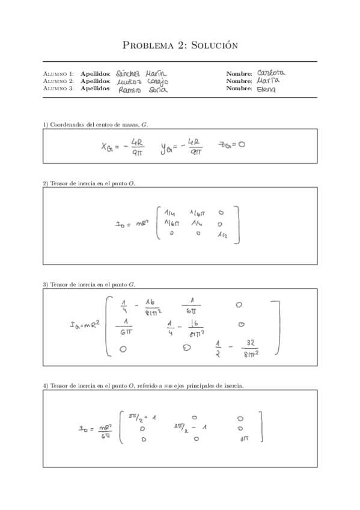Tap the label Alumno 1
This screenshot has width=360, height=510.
coord(59,74)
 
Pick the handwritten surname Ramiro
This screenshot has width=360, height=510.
coord(130,90)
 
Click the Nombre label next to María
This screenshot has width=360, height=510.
coord(239,81)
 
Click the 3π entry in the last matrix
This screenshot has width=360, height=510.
coord(243,439)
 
